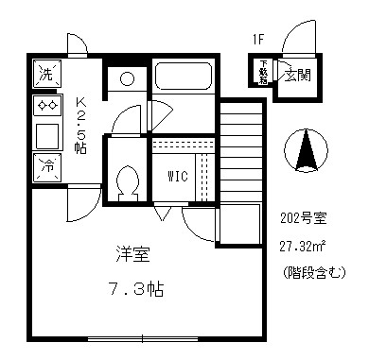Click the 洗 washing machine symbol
[45, 74]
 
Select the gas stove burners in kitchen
[45, 105]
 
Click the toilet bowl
[126, 178]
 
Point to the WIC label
[178, 176]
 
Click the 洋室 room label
[132, 255]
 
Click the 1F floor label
[257, 41]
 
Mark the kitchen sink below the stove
[45, 135]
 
